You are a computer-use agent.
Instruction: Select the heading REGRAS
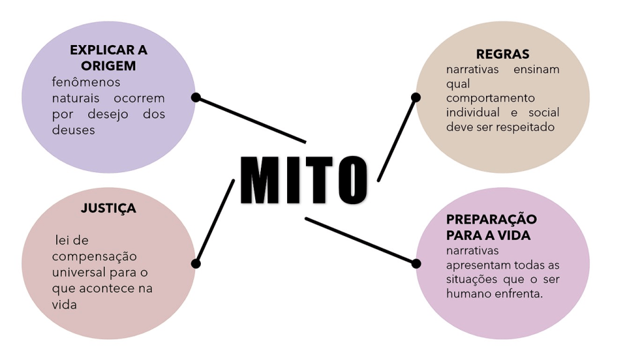[502, 54]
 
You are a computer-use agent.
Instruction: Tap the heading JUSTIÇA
[108, 208]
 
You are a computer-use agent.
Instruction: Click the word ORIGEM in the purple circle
[108, 66]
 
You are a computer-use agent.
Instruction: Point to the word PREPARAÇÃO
[491, 220]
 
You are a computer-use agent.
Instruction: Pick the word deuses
[74, 130]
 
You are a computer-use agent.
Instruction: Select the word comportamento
[490, 98]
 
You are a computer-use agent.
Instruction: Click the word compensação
[94, 257]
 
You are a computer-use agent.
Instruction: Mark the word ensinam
[536, 69]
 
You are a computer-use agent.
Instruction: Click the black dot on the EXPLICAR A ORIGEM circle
[196, 98]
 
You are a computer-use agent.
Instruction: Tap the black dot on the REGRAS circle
[415, 97]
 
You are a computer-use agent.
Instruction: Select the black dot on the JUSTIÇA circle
[196, 264]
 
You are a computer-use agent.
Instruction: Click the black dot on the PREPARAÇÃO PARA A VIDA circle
[416, 264]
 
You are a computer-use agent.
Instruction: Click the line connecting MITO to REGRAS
[397, 140]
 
